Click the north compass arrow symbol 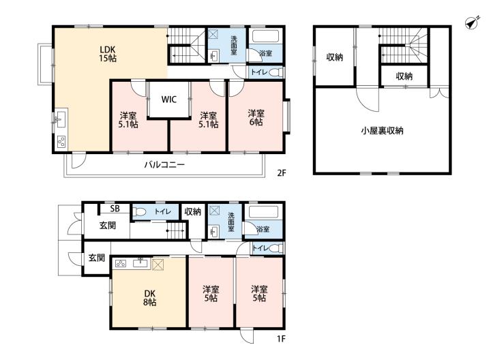[471, 23]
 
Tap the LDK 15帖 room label [108, 54]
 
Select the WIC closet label [169, 100]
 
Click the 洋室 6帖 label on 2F [256, 118]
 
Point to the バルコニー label [164, 165]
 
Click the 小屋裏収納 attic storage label [382, 130]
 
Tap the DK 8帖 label [149, 298]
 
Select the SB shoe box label [115, 209]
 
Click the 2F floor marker [282, 172]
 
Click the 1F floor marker [281, 339]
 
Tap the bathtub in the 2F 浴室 [265, 36]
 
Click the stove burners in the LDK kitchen [61, 142]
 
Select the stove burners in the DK [121, 264]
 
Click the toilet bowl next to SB [139, 212]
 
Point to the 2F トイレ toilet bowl [275, 72]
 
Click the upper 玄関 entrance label [108, 225]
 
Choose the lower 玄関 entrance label [96, 258]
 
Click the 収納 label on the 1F [192, 212]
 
